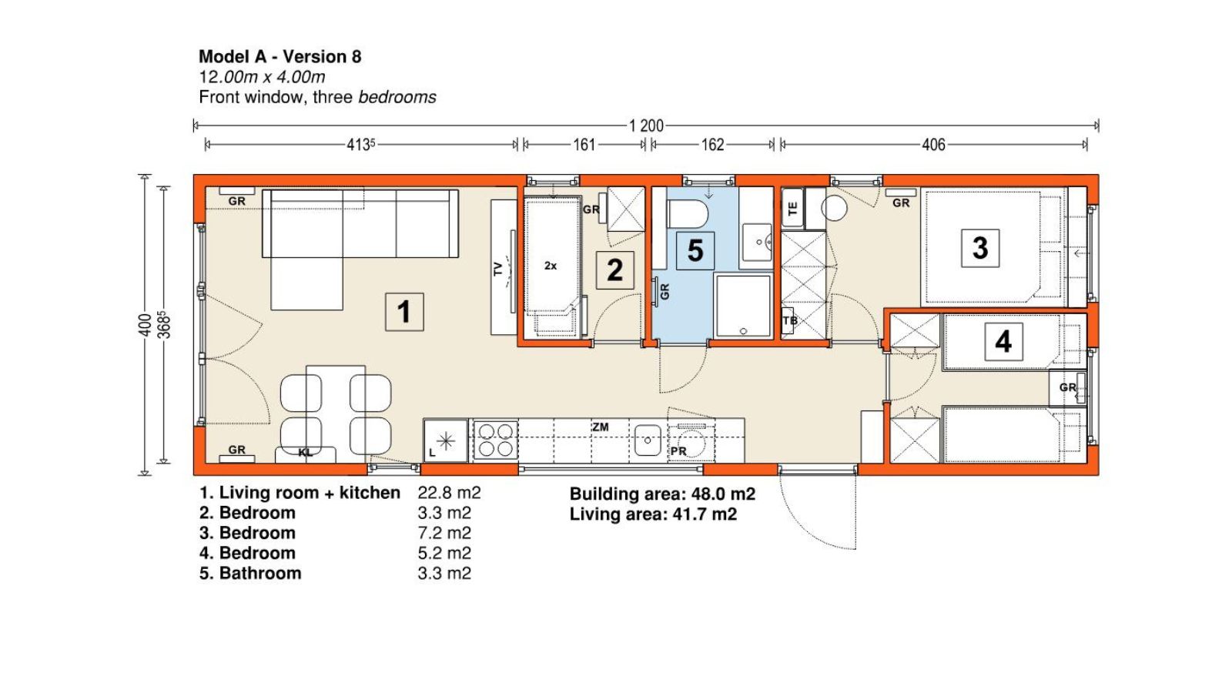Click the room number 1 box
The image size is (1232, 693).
click(404, 312)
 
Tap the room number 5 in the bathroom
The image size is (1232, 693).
click(695, 251)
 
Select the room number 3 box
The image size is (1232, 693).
click(980, 248)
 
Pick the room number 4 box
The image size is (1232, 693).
click(1003, 342)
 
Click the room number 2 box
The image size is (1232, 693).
click(615, 270)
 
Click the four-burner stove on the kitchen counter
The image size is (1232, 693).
click(496, 440)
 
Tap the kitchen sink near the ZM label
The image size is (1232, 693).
click(648, 440)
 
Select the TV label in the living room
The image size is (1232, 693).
click(497, 269)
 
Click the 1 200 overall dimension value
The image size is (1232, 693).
click(646, 126)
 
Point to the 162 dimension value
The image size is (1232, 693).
click(712, 145)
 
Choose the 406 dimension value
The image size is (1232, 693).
click(933, 145)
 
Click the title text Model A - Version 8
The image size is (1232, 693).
click(280, 57)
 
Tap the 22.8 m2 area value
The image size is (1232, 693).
click(449, 492)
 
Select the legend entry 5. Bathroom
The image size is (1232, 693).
click(250, 573)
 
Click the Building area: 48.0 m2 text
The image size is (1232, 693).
click(662, 494)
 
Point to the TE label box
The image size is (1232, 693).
click(792, 208)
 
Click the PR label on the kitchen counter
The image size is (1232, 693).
click(678, 451)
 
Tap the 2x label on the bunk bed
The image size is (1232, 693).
click(551, 266)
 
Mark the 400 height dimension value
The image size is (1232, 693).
click(145, 325)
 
